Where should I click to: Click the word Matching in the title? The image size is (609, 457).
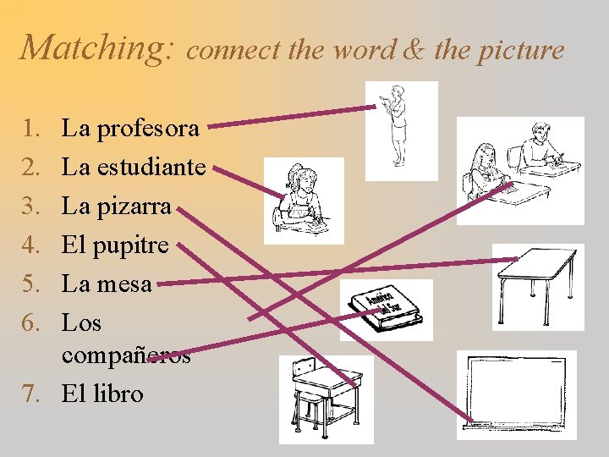tap(97, 47)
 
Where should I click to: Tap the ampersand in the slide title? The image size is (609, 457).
tap(414, 51)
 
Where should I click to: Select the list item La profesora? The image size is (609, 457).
tap(131, 129)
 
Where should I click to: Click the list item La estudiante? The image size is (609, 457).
tap(134, 167)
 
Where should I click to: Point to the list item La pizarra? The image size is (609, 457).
tap(117, 206)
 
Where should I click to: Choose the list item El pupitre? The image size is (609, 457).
tap(116, 245)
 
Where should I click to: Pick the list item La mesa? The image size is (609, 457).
tap(107, 284)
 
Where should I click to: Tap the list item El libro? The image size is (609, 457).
tap(102, 394)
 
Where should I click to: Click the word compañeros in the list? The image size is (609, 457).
tap(126, 355)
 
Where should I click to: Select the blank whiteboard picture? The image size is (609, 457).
tap(516, 394)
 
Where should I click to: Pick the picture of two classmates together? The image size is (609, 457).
tap(519, 168)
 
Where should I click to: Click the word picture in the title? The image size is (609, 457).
tap(521, 51)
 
